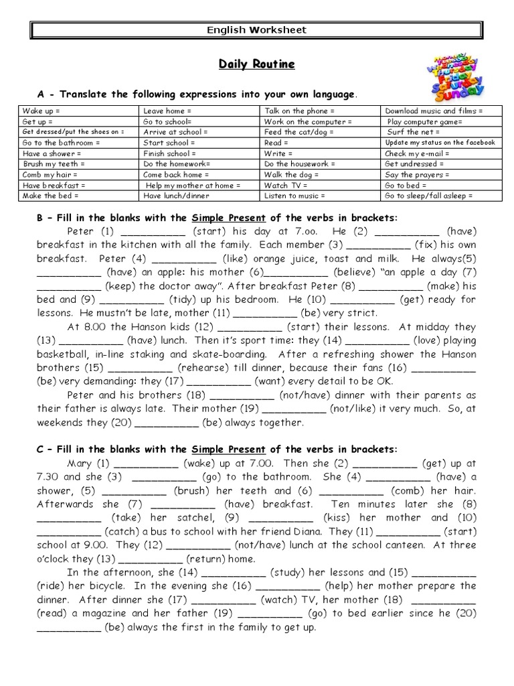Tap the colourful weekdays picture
click(458, 74)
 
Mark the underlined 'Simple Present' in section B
click(228, 218)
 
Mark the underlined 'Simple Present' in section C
click(228, 449)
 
